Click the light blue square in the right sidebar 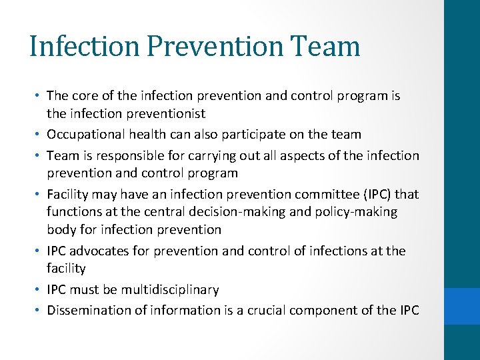tap(462, 306)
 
